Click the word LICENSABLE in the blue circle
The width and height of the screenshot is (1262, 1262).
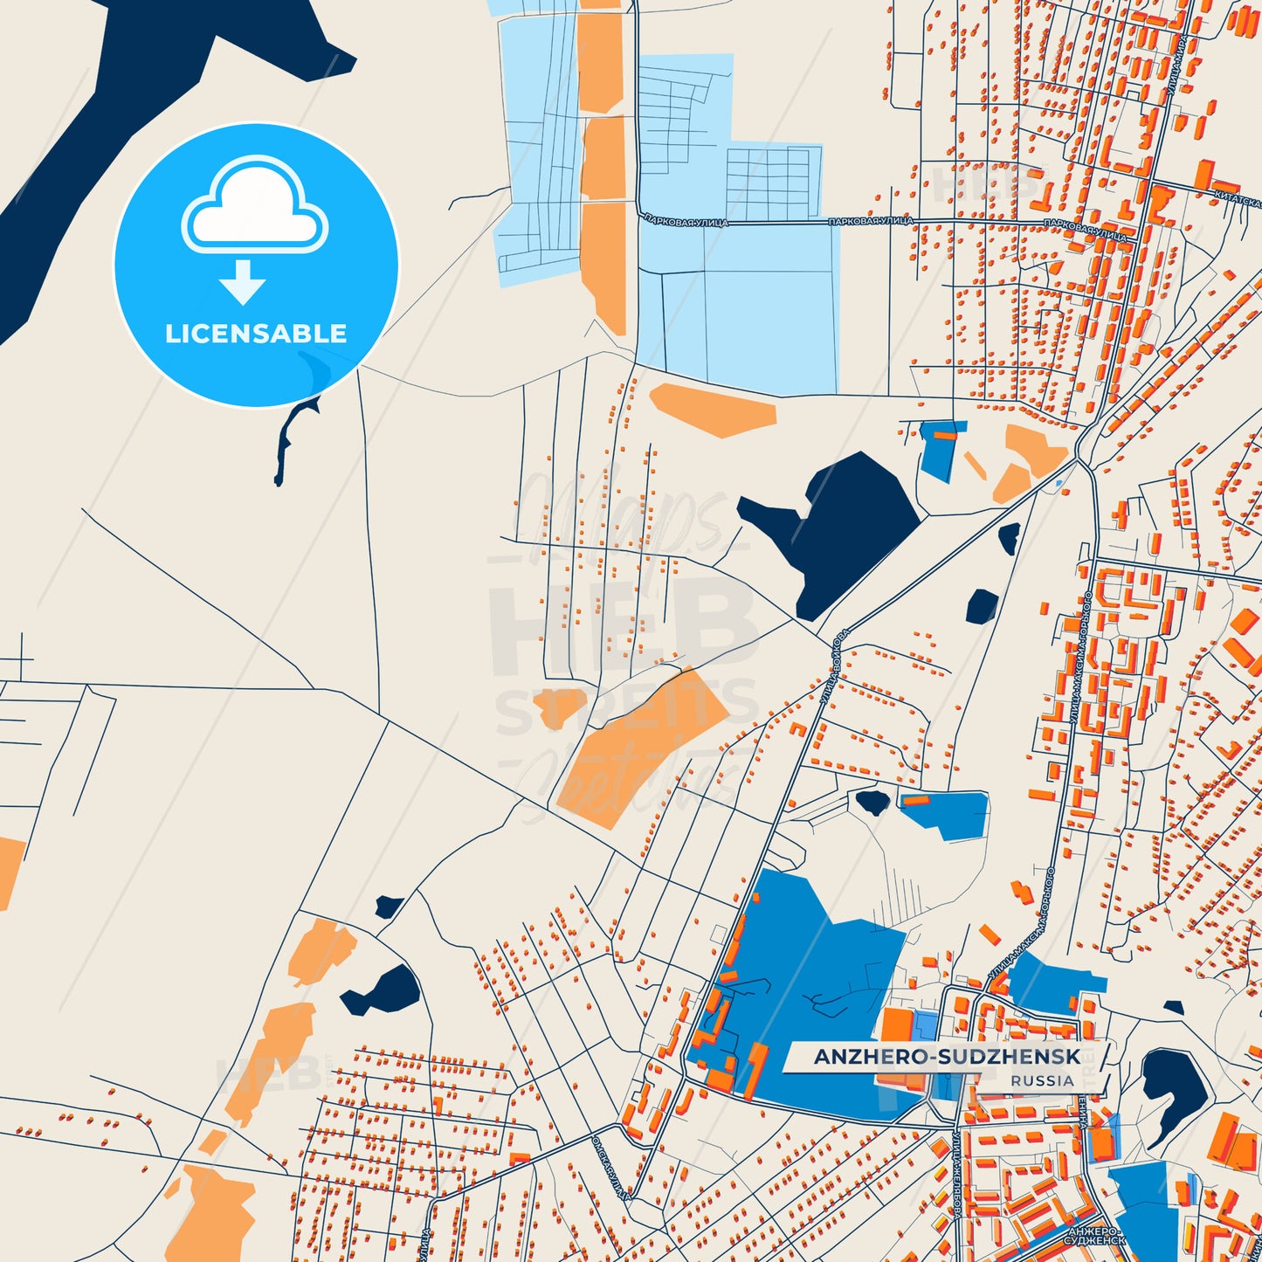click(256, 334)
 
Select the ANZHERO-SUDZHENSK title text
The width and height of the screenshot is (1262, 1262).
click(947, 1057)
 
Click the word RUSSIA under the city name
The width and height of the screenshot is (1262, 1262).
click(1042, 1081)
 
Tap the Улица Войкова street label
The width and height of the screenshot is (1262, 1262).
click(834, 668)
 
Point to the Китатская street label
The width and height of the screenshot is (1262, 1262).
click(1237, 200)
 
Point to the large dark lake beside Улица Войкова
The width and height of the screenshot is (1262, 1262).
click(834, 528)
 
